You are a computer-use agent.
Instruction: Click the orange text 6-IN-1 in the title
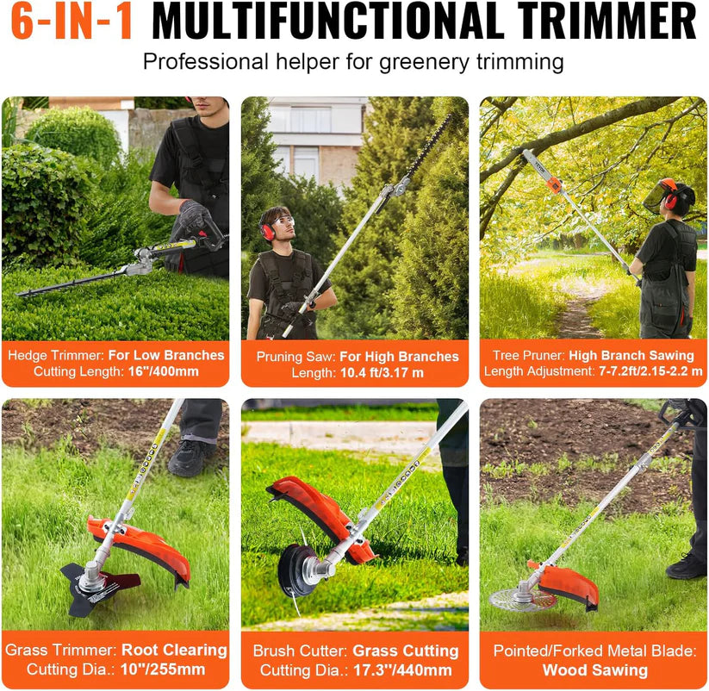(72, 22)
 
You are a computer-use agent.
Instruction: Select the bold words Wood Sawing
(594, 669)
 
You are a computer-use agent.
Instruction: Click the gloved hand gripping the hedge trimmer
(193, 216)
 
